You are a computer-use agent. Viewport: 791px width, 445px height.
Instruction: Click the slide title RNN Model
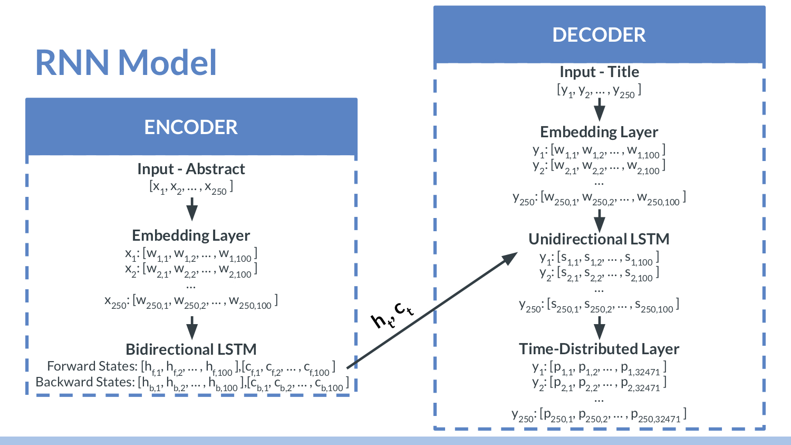point(126,62)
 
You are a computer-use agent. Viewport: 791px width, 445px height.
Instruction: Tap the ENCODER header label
point(191,127)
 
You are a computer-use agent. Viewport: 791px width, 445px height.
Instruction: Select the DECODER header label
point(599,35)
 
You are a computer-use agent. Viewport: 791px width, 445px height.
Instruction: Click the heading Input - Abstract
point(191,169)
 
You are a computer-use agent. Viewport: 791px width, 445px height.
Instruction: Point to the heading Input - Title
point(599,72)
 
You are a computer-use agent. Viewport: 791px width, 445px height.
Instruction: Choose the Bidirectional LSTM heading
point(191,349)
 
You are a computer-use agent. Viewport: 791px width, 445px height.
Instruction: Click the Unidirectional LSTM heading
point(599,239)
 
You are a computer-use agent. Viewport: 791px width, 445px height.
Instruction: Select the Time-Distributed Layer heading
point(599,349)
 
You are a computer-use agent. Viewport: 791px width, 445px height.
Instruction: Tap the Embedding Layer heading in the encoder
point(191,235)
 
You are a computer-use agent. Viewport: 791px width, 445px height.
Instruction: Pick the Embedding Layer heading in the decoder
point(599,132)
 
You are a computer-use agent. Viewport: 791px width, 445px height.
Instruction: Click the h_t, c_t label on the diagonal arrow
point(392,315)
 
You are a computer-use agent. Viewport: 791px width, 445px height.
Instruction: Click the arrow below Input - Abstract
point(192,209)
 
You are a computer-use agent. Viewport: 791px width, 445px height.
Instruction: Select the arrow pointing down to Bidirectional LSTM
point(192,328)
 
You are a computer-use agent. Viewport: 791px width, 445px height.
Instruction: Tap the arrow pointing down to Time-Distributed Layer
point(599,328)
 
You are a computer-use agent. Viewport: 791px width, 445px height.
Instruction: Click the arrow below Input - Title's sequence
point(599,110)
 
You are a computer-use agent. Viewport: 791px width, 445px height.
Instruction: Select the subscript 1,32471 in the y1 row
point(648,372)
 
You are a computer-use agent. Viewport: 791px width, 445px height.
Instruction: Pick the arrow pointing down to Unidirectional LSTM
point(599,219)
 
